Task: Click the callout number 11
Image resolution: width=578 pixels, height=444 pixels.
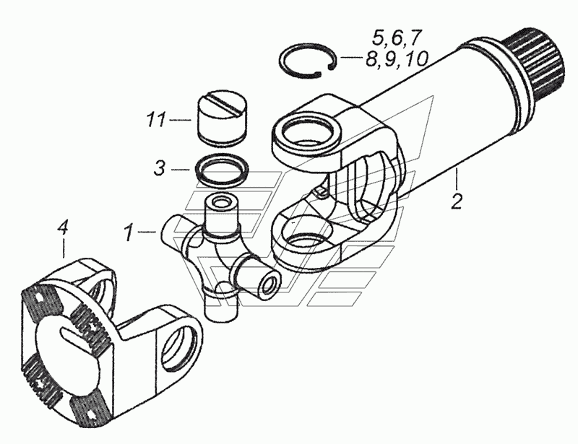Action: pos(156,120)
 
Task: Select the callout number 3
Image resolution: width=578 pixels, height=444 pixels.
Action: pos(159,169)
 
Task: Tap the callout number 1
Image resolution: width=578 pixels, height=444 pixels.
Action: pos(128,232)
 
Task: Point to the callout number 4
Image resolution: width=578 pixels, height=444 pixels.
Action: pos(63,228)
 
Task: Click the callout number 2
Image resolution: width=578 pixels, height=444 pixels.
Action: pos(457,201)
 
